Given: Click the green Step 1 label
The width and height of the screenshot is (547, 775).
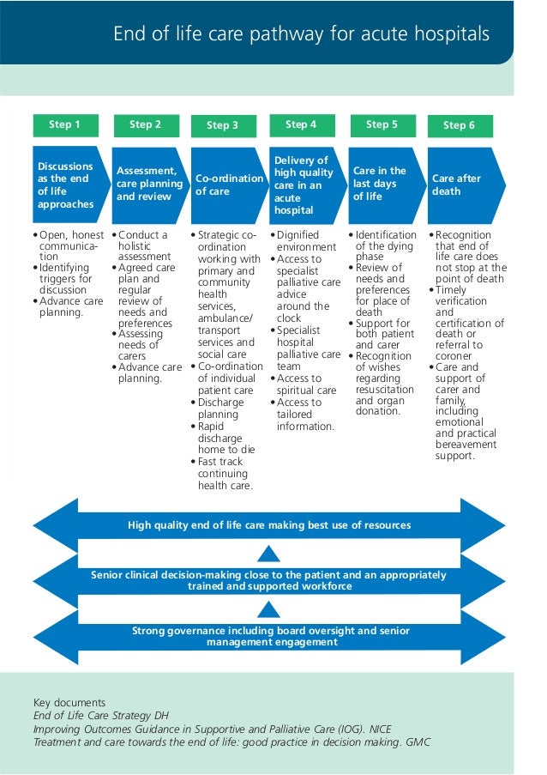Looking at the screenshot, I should [64, 125].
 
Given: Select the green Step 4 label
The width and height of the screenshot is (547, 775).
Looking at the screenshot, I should [300, 125].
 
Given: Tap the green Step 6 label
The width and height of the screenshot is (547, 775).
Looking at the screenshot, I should [460, 126].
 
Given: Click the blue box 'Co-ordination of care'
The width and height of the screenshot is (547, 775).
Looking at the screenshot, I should [226, 185].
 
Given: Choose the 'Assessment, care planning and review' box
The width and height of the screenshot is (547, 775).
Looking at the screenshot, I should [149, 185].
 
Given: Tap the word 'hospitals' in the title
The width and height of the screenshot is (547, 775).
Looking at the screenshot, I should [448, 34].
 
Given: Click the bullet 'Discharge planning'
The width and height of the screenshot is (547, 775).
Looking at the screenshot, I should [221, 408].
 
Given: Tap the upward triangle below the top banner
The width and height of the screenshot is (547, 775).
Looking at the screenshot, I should [269, 553].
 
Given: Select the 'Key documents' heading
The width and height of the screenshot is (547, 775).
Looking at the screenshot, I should [69, 701].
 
